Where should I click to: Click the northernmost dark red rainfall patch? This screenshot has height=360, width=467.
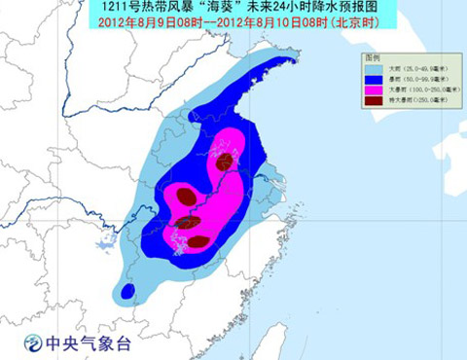pos(226,160)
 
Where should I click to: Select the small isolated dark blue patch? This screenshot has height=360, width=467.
pos(127,290)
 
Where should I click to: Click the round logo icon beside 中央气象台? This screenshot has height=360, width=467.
pos(33,342)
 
